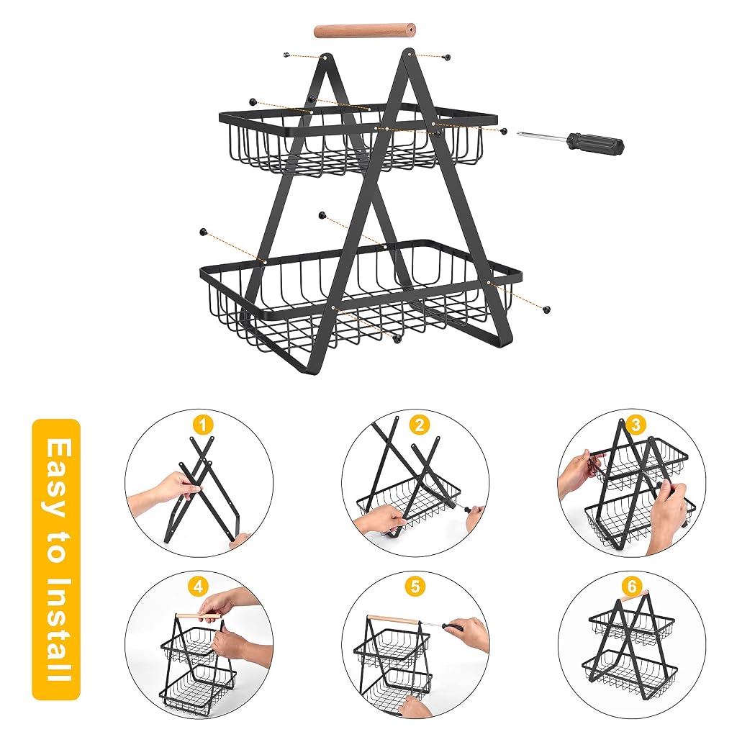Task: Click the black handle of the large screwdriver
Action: pyautogui.click(x=595, y=143)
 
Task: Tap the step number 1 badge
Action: pyautogui.click(x=202, y=426)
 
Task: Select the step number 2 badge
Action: pyautogui.click(x=420, y=425)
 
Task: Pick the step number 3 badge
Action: pyautogui.click(x=636, y=425)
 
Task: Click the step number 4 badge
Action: pyautogui.click(x=198, y=587)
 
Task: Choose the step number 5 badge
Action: pyautogui.click(x=415, y=587)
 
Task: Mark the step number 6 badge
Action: pyautogui.click(x=631, y=586)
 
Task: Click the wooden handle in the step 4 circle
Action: pyautogui.click(x=199, y=615)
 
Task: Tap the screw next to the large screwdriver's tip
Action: pyautogui.click(x=504, y=132)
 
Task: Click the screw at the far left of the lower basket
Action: pyautogui.click(x=204, y=231)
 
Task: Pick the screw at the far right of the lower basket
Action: pyautogui.click(x=546, y=309)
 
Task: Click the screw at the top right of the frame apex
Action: pyautogui.click(x=446, y=57)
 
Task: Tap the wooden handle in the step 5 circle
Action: pyautogui.click(x=393, y=620)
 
